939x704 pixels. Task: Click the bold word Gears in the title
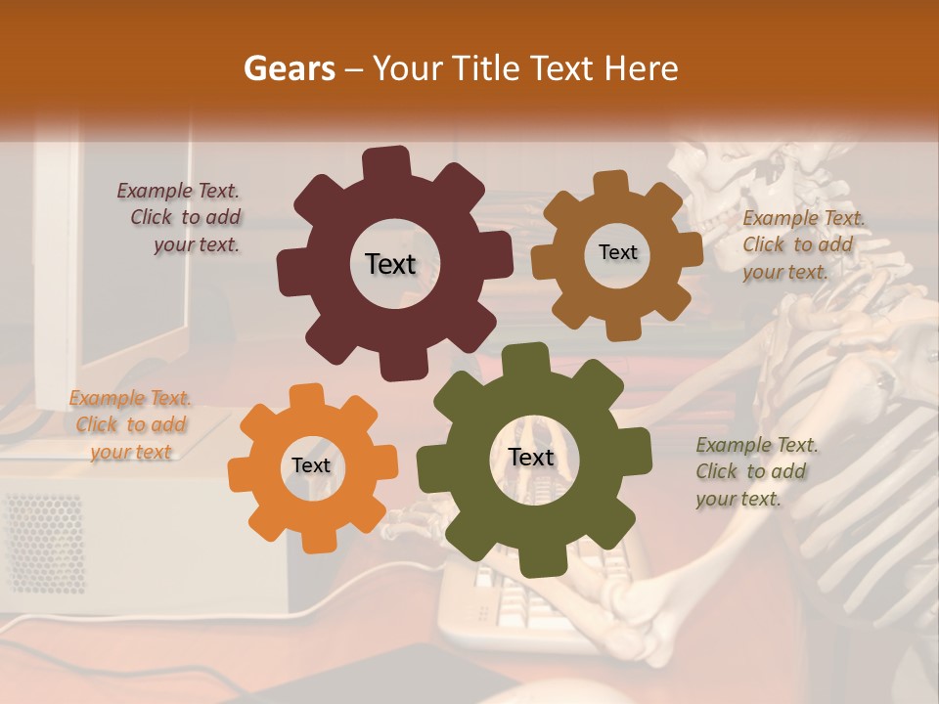289,68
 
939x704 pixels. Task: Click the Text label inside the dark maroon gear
390,264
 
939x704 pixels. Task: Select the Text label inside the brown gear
617,252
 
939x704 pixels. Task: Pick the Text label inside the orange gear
311,466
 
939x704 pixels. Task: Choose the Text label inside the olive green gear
531,458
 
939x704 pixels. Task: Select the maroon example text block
182,218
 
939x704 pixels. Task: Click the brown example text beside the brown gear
802,244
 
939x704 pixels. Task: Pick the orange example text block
130,424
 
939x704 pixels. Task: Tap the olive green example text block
755,471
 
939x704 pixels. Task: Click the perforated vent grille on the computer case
44,543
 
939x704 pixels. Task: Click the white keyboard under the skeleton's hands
509,596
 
